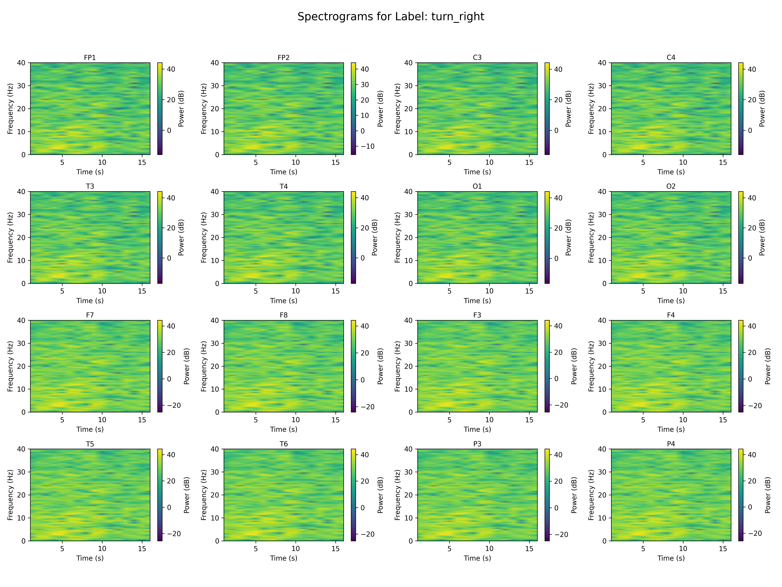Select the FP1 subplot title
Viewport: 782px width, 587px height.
coord(90,57)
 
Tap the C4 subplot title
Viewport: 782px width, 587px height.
coord(671,57)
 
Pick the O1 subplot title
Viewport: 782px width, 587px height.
coord(477,186)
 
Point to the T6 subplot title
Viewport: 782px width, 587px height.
coord(283,444)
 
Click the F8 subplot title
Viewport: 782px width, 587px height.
coord(283,315)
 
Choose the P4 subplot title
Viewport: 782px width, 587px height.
coord(671,444)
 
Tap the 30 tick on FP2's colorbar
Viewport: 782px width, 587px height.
coord(364,85)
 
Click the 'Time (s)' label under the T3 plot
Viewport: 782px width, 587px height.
coord(90,301)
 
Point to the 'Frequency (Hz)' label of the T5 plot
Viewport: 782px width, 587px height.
coord(10,495)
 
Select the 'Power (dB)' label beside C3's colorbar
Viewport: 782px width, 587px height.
coord(568,109)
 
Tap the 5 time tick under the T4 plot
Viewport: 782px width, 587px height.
coord(256,291)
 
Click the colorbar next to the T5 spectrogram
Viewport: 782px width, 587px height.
coord(160,495)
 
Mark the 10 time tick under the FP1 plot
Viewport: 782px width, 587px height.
coord(102,162)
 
